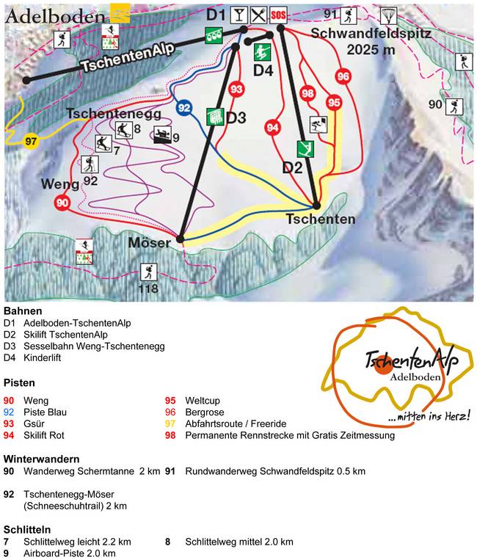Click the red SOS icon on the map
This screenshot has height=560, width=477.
pyautogui.click(x=278, y=14)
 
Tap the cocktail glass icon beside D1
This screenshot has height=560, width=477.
pyautogui.click(x=239, y=14)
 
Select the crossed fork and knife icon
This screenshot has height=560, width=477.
pyautogui.click(x=258, y=14)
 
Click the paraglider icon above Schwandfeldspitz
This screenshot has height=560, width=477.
pyautogui.click(x=388, y=15)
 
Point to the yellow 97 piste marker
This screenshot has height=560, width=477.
pyautogui.click(x=30, y=141)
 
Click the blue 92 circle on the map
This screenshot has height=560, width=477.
pyautogui.click(x=184, y=108)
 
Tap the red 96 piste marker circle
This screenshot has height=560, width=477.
pyautogui.click(x=343, y=76)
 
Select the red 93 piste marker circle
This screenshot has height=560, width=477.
pyautogui.click(x=236, y=89)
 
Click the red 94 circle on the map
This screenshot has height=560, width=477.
pyautogui.click(x=273, y=128)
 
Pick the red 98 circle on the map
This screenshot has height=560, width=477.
pyautogui.click(x=307, y=93)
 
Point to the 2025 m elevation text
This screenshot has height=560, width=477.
pyautogui.click(x=371, y=48)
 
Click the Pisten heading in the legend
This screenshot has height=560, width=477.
pyautogui.click(x=19, y=382)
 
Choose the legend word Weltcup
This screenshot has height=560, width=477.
pyautogui.click(x=206, y=401)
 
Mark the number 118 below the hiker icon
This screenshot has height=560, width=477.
pyautogui.click(x=149, y=289)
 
